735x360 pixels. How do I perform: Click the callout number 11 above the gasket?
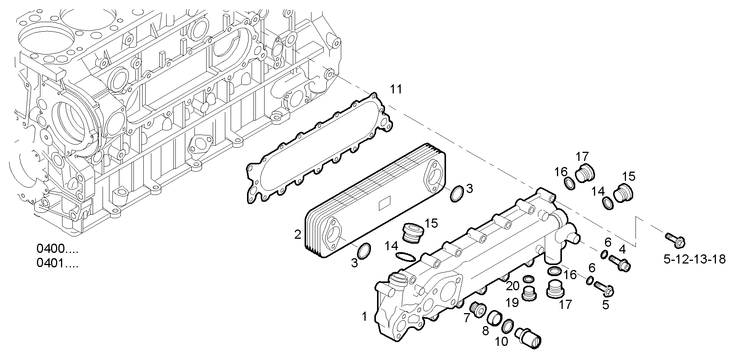coord(396,90)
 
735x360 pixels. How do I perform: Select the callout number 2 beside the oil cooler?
coord(298,234)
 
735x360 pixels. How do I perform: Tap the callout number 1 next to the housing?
coord(364,316)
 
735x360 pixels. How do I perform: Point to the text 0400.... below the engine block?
coord(57,249)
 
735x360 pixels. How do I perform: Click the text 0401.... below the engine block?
coord(57,264)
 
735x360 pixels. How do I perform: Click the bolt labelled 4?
coord(620,263)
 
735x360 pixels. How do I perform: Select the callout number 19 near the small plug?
coord(512,303)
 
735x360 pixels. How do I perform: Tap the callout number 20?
coord(513,286)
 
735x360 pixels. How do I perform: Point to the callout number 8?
coord(485,330)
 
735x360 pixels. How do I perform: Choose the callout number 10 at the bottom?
coord(502,341)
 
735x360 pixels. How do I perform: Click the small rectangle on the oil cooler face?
coord(385,205)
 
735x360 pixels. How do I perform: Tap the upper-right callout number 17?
coord(583,156)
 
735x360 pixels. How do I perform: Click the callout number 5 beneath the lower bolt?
coord(605,305)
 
